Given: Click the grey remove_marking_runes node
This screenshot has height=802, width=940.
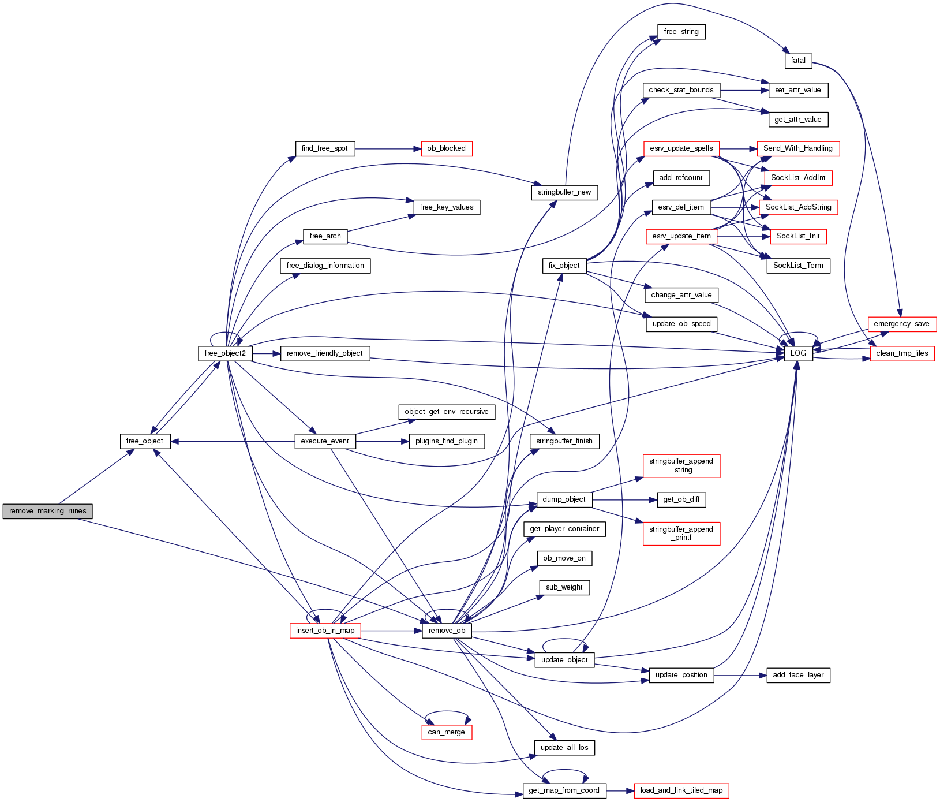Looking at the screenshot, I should pos(47,511).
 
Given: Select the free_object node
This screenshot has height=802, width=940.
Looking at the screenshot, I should pos(144,441).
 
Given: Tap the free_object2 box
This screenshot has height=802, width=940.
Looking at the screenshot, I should pos(225,353).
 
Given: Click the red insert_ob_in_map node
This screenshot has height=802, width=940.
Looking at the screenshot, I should pos(325,631).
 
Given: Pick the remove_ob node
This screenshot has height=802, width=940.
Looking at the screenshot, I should pos(447,631).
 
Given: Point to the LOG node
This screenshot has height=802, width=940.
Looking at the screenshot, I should pos(798,353).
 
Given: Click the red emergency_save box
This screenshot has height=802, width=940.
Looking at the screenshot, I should pos(901,324).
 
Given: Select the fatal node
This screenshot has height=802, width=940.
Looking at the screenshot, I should pos(798,61).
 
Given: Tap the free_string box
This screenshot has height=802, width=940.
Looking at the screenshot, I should pos(681,32).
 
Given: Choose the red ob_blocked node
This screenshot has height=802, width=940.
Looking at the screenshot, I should pos(446,148).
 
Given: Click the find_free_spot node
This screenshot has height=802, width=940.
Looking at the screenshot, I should pos(324,148).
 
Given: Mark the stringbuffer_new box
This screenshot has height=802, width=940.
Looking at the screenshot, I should pos(564,192).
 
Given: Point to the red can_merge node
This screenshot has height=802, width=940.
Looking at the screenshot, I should pos(446,732).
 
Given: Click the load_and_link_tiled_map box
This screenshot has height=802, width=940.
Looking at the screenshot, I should pos(681,790).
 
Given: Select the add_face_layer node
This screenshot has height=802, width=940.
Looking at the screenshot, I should pos(798,675).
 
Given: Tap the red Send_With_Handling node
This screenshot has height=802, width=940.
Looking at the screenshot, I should pos(797,148).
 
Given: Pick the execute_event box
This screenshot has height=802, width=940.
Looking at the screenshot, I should pos(325,441).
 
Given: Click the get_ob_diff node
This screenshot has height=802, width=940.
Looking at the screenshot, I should pos(681,499).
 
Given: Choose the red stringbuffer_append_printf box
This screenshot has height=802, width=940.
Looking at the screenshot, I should pos(681,534).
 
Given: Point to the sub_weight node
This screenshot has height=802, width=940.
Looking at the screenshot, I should pos(564,587).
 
